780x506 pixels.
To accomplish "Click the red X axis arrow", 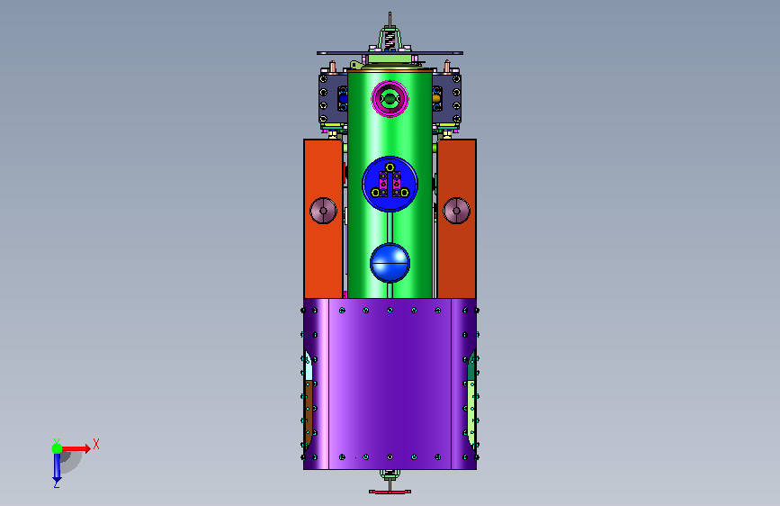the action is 76,448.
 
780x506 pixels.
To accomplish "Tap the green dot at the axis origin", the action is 58,448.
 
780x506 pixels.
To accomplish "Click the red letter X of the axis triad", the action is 96,444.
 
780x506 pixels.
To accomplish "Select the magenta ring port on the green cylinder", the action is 390,99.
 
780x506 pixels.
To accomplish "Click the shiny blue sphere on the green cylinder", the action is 390,263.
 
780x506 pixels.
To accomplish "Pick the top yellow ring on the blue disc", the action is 390,167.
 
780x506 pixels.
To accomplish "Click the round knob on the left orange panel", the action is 323,211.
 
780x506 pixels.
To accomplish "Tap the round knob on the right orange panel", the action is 457,211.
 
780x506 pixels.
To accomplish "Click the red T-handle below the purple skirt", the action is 390,491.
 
